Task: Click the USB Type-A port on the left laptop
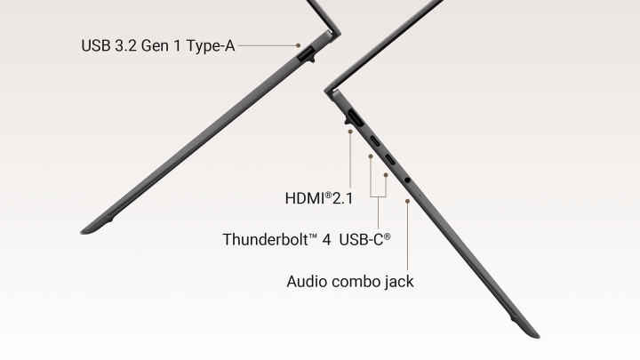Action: (x=306, y=54)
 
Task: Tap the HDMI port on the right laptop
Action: (x=355, y=117)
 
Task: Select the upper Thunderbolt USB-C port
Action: (x=375, y=141)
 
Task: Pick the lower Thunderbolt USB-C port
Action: (x=390, y=159)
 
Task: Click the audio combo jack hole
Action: (x=407, y=180)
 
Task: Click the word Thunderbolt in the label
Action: (x=266, y=239)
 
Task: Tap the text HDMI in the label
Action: (x=305, y=198)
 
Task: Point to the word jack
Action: (x=399, y=282)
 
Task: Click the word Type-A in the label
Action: (x=211, y=45)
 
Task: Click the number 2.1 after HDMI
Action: (x=342, y=198)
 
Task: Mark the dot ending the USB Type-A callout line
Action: (x=299, y=45)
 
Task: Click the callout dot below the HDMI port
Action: (x=350, y=132)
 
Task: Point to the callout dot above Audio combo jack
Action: (x=407, y=201)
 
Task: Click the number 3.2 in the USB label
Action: (x=125, y=45)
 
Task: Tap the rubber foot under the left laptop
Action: (x=108, y=220)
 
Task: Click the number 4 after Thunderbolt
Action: (x=326, y=240)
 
